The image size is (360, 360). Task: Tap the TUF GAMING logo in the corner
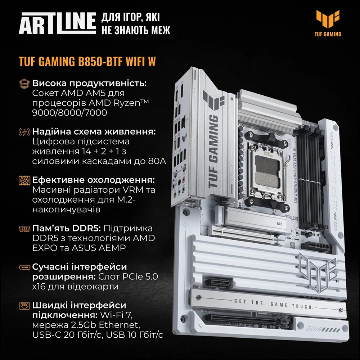click(x=328, y=23)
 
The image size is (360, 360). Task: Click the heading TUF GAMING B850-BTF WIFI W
click(x=87, y=61)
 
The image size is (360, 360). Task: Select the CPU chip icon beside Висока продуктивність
click(x=25, y=84)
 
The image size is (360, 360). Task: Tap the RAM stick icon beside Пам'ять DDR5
click(x=25, y=229)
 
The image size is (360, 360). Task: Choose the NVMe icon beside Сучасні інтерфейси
click(x=25, y=267)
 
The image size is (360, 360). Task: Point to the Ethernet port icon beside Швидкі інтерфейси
click(x=25, y=306)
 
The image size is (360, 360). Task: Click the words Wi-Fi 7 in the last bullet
click(x=116, y=316)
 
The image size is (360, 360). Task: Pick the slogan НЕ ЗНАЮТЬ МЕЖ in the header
click(x=136, y=30)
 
